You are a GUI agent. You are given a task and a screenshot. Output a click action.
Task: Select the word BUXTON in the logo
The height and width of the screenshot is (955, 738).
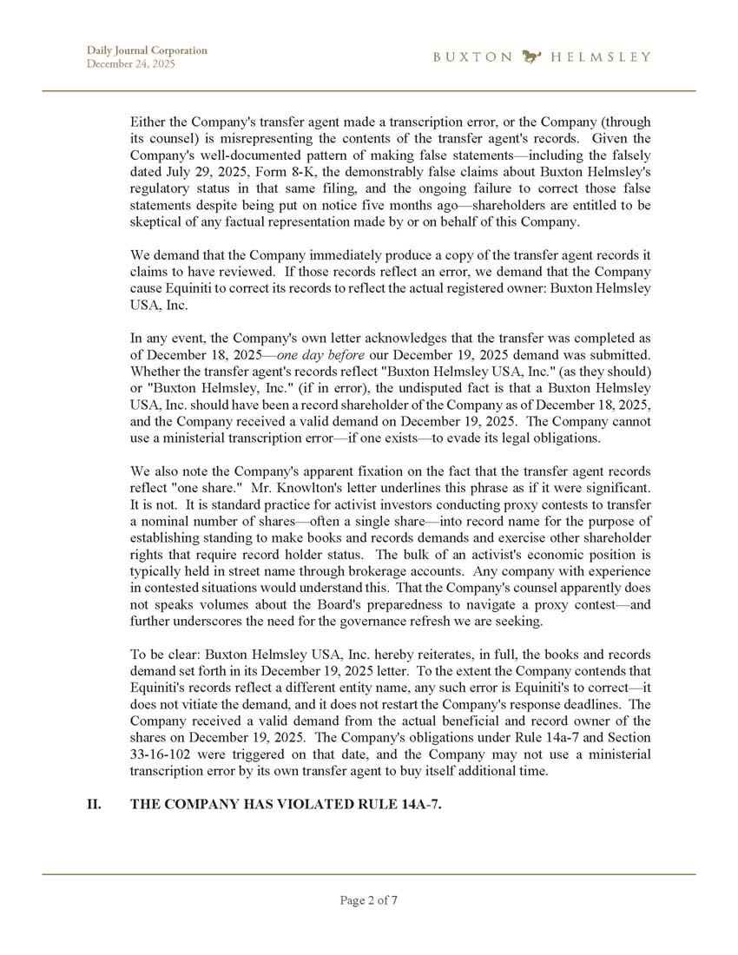tap(472, 57)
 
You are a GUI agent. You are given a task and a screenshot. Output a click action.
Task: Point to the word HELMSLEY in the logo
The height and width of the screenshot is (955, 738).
tap(600, 57)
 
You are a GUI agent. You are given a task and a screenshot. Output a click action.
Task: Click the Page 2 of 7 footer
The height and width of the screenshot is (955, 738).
tap(369, 900)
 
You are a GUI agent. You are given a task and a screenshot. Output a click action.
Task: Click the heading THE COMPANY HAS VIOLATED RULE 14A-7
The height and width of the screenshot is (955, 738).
tap(286, 805)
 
